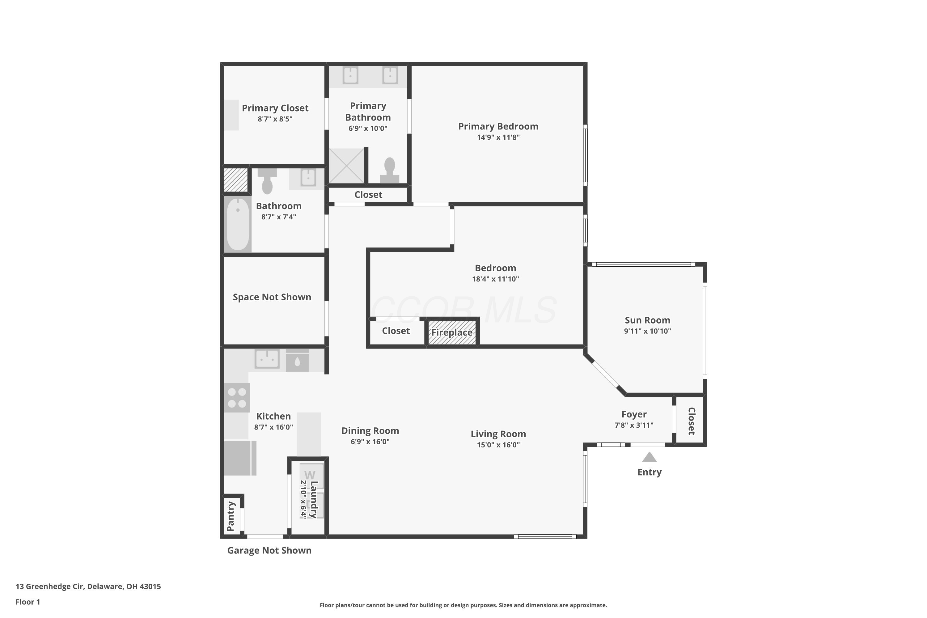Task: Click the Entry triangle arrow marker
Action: click(x=649, y=457)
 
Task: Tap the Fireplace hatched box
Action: click(x=452, y=332)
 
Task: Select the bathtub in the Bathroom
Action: click(x=238, y=224)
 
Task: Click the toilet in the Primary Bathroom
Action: click(x=389, y=170)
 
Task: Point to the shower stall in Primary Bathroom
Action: click(x=346, y=166)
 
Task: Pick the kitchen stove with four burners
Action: click(x=237, y=398)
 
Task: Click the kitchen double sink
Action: click(x=267, y=359)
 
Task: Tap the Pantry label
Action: click(x=231, y=516)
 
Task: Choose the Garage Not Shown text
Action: click(x=269, y=550)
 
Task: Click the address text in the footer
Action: click(x=88, y=586)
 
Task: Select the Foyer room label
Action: click(x=634, y=414)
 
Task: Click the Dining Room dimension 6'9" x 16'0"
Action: click(x=370, y=442)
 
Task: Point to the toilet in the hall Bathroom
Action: click(x=267, y=181)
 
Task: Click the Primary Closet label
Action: click(x=275, y=108)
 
